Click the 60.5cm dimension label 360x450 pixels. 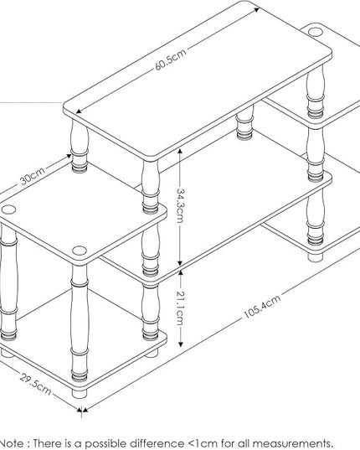pos(171,59)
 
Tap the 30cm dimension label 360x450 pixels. pos(33,175)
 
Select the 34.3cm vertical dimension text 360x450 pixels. pos(180,205)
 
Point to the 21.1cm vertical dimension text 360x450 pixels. pos(180,308)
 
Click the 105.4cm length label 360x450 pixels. pos(262,307)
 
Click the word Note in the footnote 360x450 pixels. pos(12,443)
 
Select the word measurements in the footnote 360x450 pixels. pos(293,443)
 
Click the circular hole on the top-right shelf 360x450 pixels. pos(316,32)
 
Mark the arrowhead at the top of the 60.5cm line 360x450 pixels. pos(257,10)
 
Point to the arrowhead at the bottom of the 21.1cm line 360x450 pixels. pos(181,344)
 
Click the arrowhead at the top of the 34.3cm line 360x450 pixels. pos(180,152)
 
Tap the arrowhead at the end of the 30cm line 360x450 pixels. pos(69,156)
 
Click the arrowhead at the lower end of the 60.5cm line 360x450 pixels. pos(79,111)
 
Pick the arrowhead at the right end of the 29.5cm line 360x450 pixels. pos(78,410)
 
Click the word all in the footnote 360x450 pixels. pos(244,443)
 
